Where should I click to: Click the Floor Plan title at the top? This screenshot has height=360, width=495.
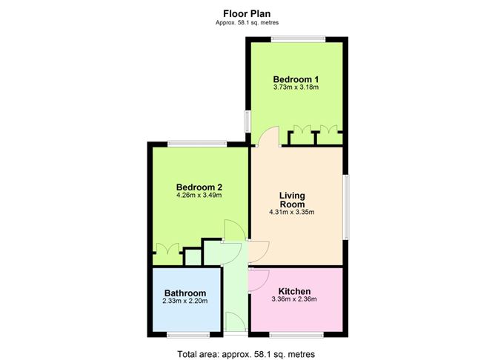(x=247, y=14)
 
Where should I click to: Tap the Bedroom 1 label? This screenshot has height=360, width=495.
(x=296, y=79)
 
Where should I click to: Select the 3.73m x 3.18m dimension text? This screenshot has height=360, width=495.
(x=296, y=87)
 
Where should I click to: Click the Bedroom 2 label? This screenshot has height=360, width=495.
(x=199, y=187)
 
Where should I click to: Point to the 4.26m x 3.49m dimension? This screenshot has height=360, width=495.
(x=199, y=196)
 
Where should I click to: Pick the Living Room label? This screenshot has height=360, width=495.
(x=292, y=200)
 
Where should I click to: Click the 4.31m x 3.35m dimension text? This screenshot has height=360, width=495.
(x=292, y=213)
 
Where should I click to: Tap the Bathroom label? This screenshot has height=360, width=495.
(x=185, y=293)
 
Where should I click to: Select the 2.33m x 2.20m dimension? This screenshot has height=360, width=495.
(x=185, y=301)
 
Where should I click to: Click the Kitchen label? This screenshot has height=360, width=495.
(x=294, y=291)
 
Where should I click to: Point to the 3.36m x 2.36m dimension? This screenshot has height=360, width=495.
(x=294, y=299)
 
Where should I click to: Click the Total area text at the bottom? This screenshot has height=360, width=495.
(x=246, y=354)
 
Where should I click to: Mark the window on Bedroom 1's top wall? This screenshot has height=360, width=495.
(x=299, y=39)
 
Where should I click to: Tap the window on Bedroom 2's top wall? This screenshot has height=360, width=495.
(x=197, y=144)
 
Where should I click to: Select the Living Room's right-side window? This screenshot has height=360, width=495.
(x=346, y=207)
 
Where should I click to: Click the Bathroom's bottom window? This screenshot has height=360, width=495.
(x=188, y=335)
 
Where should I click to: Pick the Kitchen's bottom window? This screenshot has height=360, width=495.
(x=296, y=335)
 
